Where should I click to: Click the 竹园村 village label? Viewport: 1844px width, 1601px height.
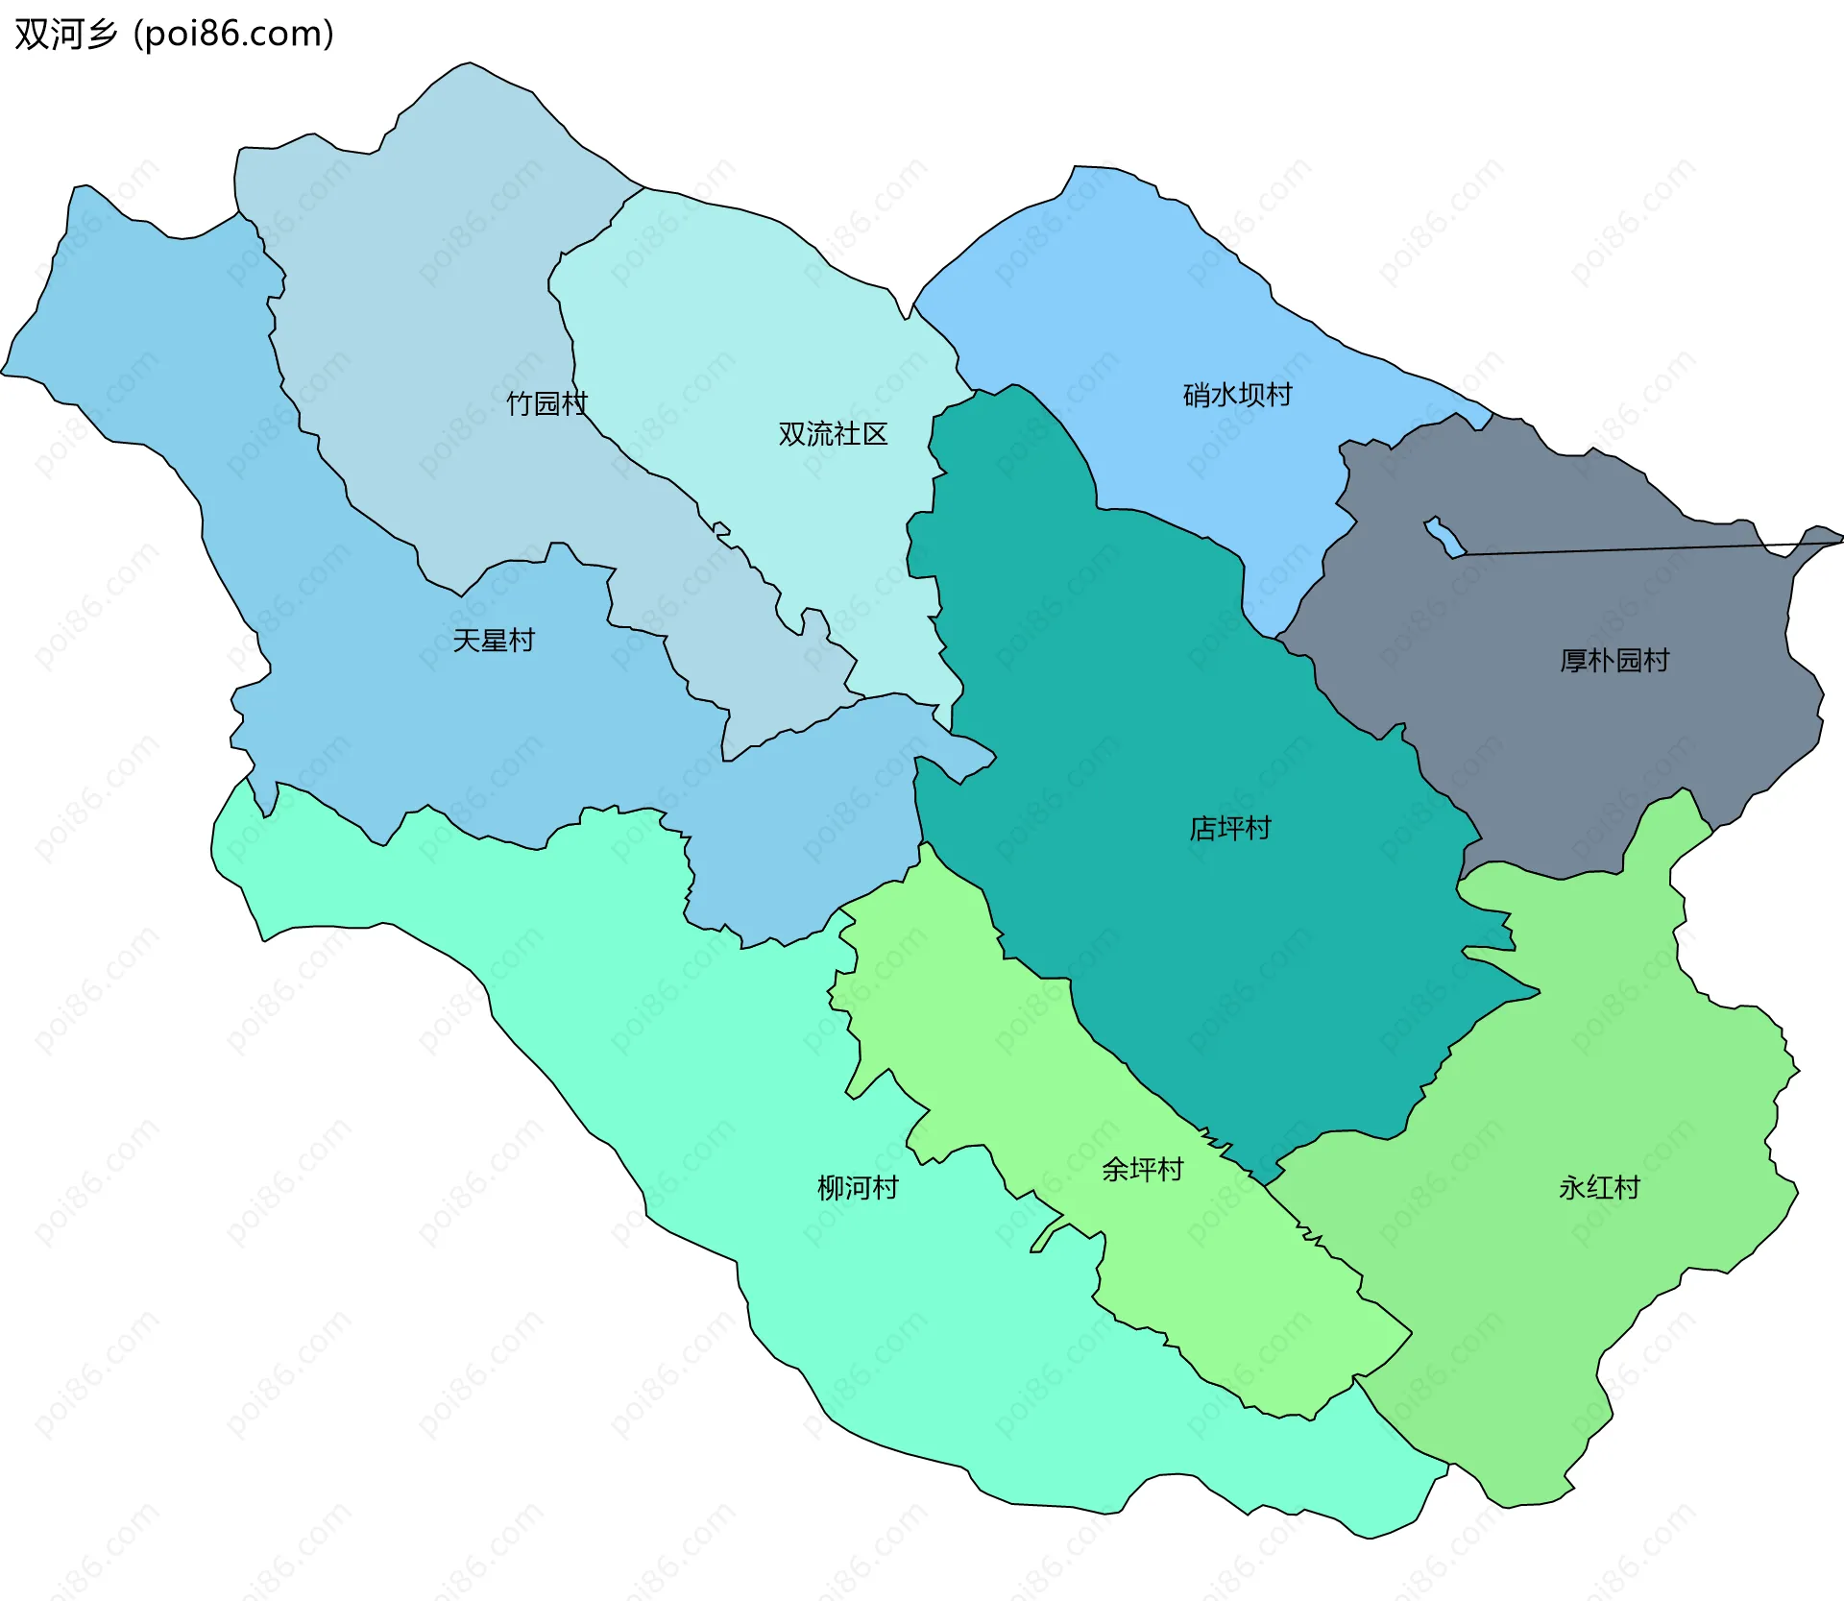tap(546, 403)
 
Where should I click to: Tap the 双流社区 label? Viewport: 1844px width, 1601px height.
tap(833, 434)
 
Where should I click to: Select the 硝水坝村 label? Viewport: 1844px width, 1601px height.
tap(1237, 395)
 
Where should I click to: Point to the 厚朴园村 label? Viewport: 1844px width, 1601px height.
tap(1613, 661)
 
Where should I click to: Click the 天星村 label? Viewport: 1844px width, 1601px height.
tap(493, 641)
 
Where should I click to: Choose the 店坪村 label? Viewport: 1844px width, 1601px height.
tap(1229, 828)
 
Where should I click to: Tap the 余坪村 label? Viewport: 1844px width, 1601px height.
tap(1142, 1170)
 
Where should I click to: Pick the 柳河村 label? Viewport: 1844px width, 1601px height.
tap(857, 1188)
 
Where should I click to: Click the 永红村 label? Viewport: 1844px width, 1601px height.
tap(1598, 1188)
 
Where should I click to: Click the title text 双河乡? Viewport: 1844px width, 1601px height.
tap(65, 35)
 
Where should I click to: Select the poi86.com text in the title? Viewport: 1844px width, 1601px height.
tap(233, 35)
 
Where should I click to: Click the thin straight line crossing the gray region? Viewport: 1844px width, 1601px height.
tap(1633, 548)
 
